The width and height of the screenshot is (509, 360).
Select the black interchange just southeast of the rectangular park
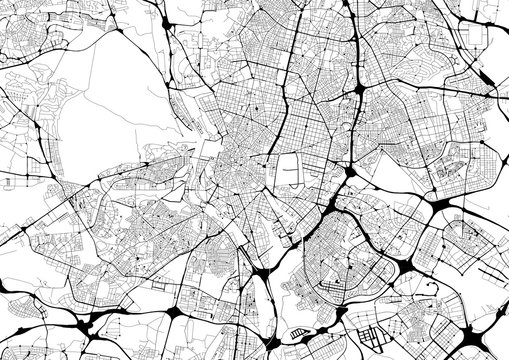tap(349, 186)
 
